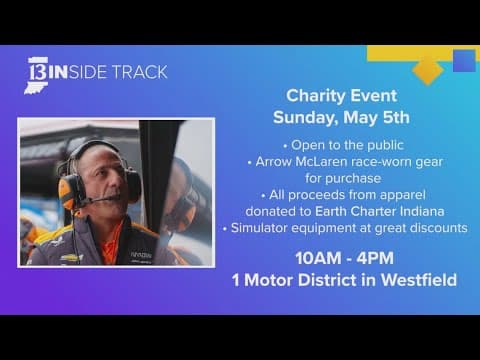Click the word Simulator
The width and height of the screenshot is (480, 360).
point(273,228)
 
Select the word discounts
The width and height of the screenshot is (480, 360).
point(434,228)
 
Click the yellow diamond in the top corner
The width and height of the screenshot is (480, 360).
point(428,67)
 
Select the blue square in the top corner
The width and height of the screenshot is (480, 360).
point(463,61)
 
